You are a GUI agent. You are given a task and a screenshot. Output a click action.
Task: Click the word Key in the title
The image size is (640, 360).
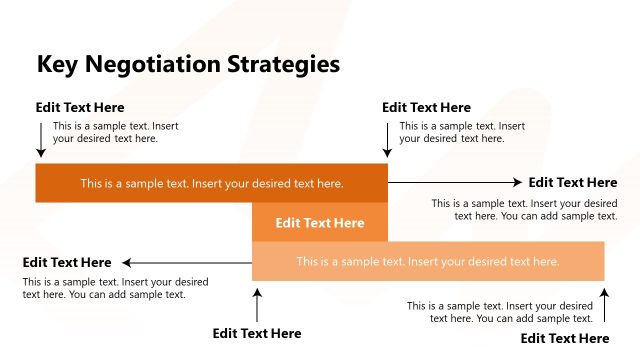click(56, 65)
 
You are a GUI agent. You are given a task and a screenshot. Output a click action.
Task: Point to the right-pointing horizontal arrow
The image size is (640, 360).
click(455, 182)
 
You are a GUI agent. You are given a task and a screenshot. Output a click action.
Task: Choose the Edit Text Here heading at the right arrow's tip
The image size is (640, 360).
click(573, 182)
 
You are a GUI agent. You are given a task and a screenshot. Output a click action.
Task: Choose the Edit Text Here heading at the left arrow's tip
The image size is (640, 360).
click(67, 262)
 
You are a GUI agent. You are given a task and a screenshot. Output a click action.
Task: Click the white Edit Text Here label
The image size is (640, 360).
click(320, 223)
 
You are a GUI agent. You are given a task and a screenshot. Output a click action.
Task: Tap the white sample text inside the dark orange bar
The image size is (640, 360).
click(212, 183)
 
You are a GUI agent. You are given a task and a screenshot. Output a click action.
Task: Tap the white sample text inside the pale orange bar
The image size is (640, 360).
click(427, 261)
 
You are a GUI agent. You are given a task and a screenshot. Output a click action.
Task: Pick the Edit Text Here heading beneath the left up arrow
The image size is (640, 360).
click(257, 333)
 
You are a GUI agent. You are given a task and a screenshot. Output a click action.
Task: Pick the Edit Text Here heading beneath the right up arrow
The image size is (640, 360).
click(565, 338)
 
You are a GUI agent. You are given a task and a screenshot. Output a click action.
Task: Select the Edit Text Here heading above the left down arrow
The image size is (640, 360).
click(80, 107)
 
